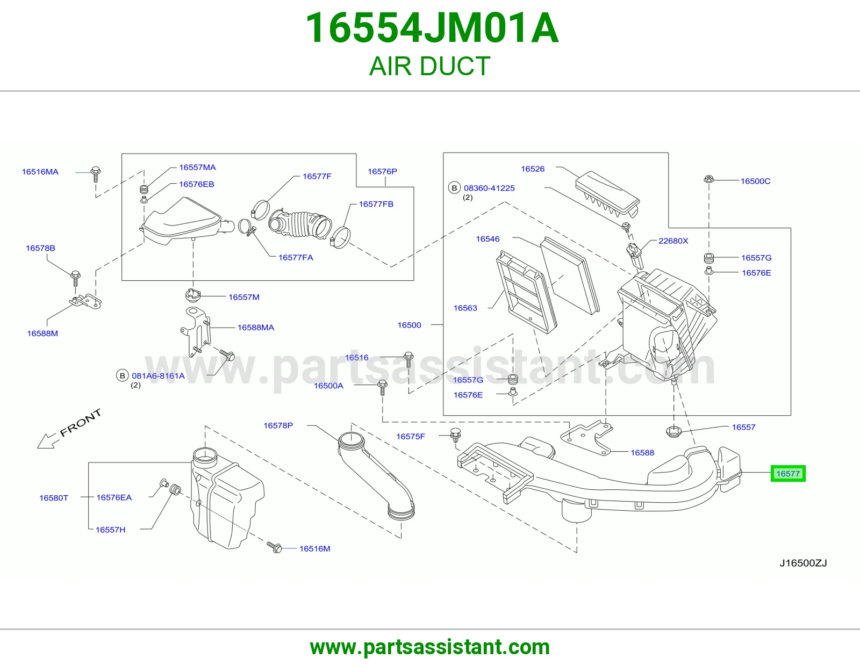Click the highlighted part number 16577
click(787, 473)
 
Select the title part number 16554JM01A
click(432, 28)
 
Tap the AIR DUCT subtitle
click(430, 66)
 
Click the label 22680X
click(673, 241)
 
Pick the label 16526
click(533, 169)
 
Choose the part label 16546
click(488, 239)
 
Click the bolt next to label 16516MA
click(95, 174)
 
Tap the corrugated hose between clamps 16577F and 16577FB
click(299, 224)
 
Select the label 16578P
click(278, 425)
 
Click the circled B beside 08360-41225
click(454, 188)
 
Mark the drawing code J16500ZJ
click(803, 563)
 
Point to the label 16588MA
click(256, 328)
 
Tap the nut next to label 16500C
click(708, 179)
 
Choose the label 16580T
click(54, 498)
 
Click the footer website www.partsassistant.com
click(430, 647)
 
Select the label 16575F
click(411, 437)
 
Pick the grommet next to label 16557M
click(193, 294)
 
